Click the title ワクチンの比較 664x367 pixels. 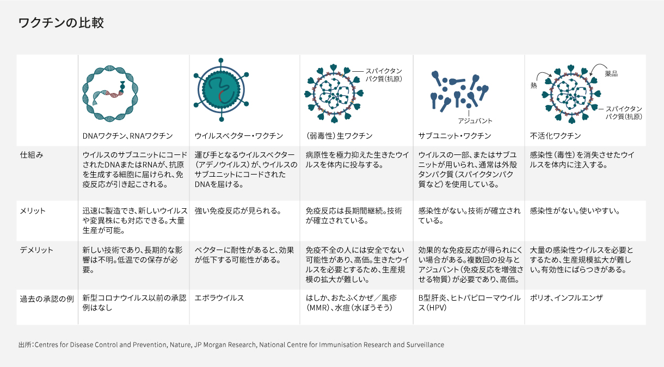61,23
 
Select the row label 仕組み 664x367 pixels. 32,155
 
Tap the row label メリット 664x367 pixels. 33,211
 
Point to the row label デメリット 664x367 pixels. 36,250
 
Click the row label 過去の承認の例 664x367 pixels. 47,299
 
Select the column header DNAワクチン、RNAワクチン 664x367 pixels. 127,136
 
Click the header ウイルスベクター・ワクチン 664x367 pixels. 238,136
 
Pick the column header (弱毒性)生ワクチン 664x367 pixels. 339,136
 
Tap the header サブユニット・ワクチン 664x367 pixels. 454,136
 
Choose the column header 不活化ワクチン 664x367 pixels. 555,136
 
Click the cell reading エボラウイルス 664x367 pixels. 219,298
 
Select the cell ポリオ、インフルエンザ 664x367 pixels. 566,298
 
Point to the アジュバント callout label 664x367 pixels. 475,121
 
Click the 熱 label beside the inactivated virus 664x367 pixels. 533,85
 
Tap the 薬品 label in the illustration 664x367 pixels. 611,74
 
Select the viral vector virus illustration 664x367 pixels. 221,90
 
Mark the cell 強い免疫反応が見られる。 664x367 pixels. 238,211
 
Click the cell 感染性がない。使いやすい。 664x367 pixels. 575,211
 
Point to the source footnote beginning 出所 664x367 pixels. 231,345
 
